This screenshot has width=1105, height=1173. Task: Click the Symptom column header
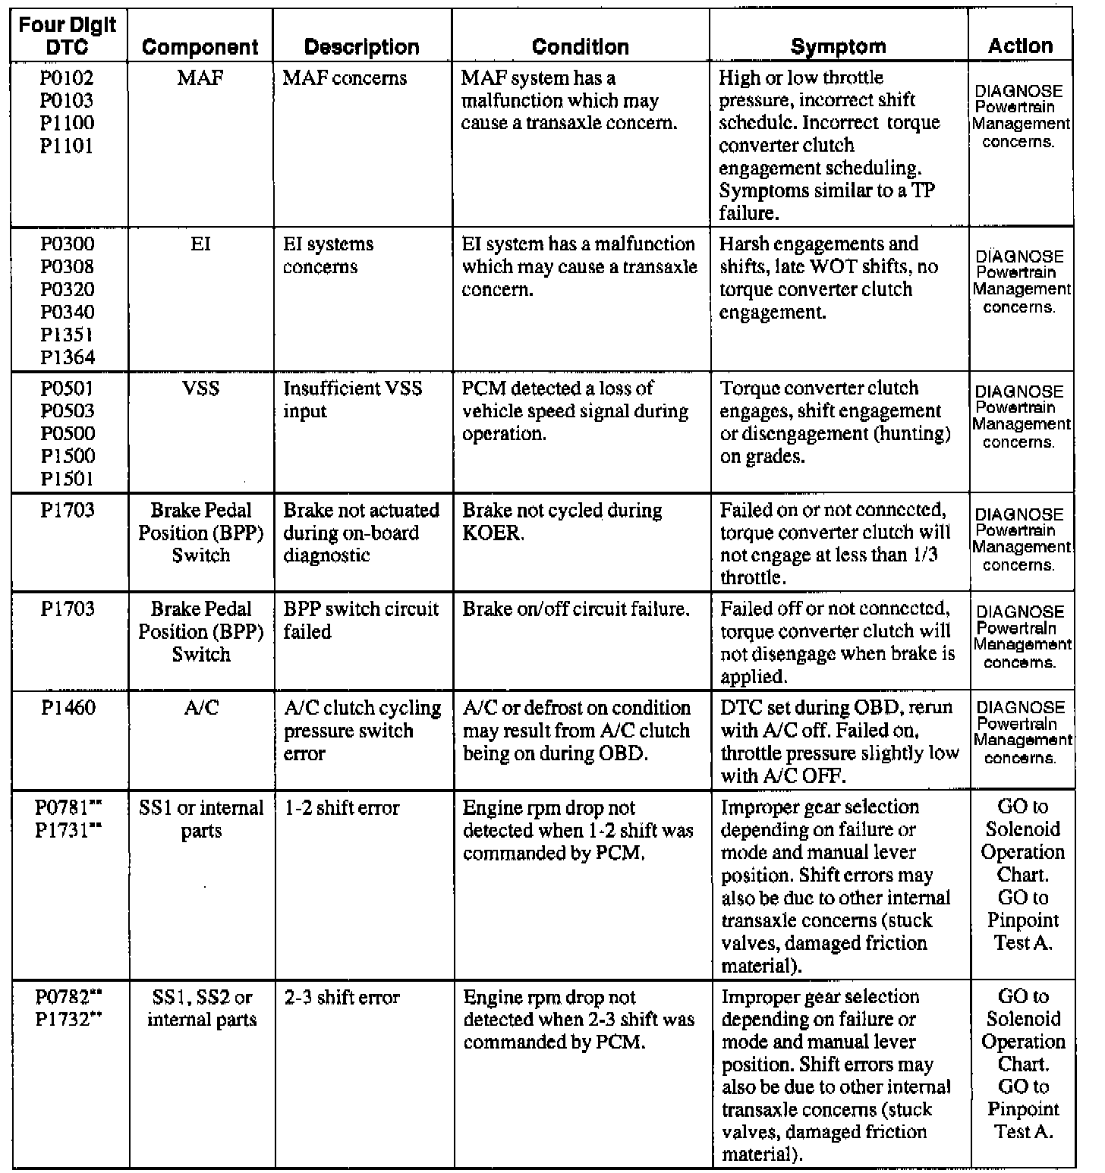coord(838,46)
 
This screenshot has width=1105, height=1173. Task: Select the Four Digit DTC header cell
coord(68,36)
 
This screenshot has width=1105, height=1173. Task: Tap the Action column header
coord(1020,46)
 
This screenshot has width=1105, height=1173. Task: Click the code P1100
coord(68,123)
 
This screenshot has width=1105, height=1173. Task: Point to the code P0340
coord(68,312)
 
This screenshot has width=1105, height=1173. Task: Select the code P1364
coord(68,357)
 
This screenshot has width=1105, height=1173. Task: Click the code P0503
coord(68,411)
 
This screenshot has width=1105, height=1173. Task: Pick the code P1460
coord(68,708)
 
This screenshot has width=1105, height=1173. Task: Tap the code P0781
coord(64,808)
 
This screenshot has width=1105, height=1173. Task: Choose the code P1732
coord(64,1020)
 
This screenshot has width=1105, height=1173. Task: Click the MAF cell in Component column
coord(200,78)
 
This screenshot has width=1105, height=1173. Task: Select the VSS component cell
coord(200,388)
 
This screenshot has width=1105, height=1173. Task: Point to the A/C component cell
coord(200,708)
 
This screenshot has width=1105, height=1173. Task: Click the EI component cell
coord(200,244)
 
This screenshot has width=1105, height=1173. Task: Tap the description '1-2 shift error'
coord(342,808)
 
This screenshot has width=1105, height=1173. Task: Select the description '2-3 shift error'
coord(342,998)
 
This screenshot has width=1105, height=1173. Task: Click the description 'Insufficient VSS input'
coord(352,400)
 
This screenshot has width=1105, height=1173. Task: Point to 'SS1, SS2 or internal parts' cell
coord(201,1008)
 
